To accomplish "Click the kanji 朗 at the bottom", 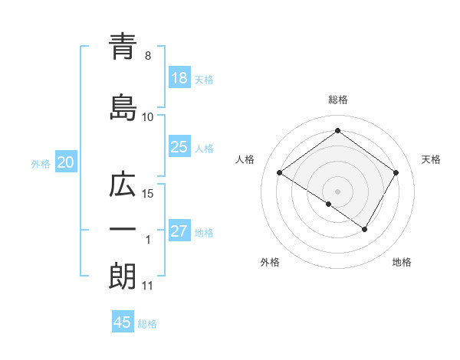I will [x=122, y=276].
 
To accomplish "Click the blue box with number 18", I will [x=179, y=79].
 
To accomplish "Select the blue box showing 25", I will [x=179, y=148].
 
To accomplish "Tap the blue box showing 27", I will [x=179, y=232].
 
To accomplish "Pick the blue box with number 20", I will [x=66, y=162].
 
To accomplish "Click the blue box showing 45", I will [x=123, y=322].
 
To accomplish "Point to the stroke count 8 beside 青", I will [x=148, y=56].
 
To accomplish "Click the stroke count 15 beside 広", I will [x=148, y=193].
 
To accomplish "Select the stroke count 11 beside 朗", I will [x=148, y=286].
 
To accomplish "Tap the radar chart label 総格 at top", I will [x=337, y=100].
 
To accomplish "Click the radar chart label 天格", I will [x=431, y=159].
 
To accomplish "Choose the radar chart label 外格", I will [x=270, y=262].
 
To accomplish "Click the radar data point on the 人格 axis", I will [x=280, y=173].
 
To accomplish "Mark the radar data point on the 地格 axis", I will [x=365, y=229].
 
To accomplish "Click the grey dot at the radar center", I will [x=337, y=191].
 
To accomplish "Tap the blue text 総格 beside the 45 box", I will [x=147, y=324].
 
